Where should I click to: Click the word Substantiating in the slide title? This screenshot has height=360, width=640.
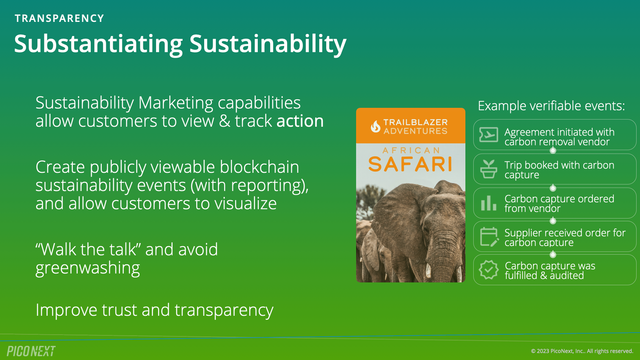pyautogui.click(x=96, y=44)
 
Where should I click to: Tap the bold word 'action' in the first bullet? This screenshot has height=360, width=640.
pyautogui.click(x=300, y=122)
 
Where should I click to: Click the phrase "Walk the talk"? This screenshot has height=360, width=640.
pyautogui.click(x=84, y=248)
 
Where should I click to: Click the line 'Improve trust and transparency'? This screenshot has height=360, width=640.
pyautogui.click(x=154, y=310)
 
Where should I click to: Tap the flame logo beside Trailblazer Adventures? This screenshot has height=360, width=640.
pyautogui.click(x=376, y=125)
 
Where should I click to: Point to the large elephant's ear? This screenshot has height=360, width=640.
pyautogui.click(x=396, y=215)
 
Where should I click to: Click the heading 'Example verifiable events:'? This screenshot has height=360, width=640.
pyautogui.click(x=551, y=105)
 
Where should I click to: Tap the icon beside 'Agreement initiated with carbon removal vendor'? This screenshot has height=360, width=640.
pyautogui.click(x=488, y=134)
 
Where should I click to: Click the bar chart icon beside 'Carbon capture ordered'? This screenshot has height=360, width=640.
pyautogui.click(x=488, y=202)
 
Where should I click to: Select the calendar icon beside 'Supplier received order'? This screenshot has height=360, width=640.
pyautogui.click(x=488, y=236)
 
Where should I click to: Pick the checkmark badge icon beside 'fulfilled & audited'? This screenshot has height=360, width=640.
pyautogui.click(x=488, y=270)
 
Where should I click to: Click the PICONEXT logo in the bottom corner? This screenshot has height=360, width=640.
pyautogui.click(x=31, y=350)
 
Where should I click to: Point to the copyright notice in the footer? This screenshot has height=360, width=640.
pyautogui.click(x=581, y=351)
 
